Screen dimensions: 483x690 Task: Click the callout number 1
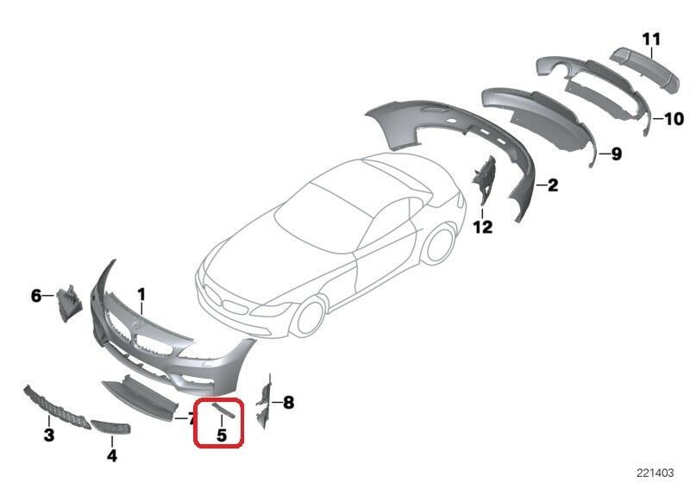[x=141, y=294]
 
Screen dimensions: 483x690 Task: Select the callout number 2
[x=553, y=185]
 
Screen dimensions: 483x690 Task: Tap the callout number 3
[x=48, y=432]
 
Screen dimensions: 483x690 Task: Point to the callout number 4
[x=111, y=454]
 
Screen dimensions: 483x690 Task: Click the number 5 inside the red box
[x=221, y=436]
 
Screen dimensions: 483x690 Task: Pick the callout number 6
[x=36, y=296]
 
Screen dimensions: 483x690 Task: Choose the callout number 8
[x=288, y=402]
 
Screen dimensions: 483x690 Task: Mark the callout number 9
[x=616, y=154]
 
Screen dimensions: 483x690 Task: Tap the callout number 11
[x=650, y=38]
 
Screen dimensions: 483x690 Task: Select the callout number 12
[x=482, y=227]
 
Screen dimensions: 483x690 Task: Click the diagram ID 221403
[x=656, y=473]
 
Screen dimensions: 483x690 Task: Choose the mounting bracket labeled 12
[x=483, y=180]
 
